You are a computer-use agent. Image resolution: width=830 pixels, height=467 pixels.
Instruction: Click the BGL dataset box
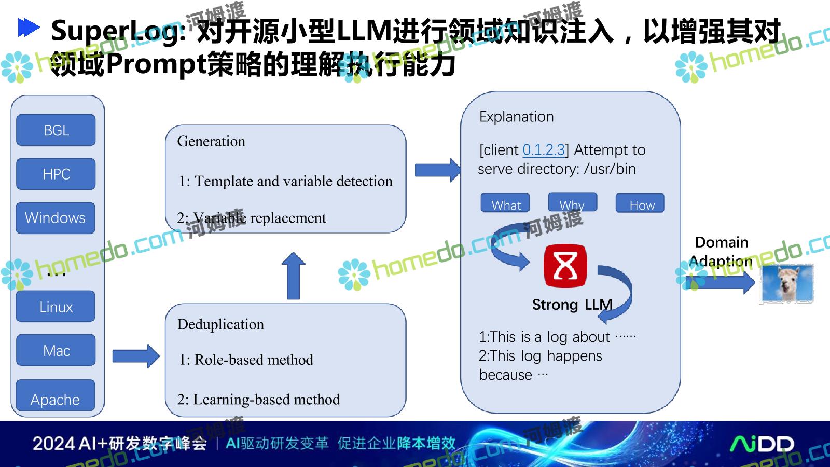coord(56,130)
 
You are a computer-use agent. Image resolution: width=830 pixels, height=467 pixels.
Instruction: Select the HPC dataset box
coord(56,174)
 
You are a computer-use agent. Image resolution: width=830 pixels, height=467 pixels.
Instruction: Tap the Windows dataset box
coord(56,218)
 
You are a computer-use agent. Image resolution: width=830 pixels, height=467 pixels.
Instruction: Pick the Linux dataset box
coord(56,307)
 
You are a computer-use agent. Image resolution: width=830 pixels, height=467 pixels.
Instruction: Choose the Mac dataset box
coord(56,350)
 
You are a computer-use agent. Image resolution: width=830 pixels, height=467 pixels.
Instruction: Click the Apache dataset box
coord(56,395)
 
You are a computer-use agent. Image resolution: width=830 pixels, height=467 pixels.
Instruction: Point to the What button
coord(505,203)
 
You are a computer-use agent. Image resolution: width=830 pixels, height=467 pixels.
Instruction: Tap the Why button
coord(573,202)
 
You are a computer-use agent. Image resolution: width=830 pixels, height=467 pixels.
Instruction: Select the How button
coord(640,203)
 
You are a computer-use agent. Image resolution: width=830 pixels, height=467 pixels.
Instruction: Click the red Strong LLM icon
coord(565,266)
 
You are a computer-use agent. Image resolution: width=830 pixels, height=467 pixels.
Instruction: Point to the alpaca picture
coord(787,283)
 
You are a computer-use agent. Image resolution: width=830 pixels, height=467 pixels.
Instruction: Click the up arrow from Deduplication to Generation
coord(294,276)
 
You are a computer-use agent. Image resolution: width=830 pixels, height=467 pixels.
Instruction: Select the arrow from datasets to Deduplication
coord(136,356)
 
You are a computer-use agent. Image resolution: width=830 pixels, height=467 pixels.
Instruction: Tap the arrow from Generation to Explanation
coord(438,170)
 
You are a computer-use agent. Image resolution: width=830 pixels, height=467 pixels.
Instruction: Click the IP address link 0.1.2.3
coord(544,150)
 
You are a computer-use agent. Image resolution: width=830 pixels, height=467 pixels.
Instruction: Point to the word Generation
coord(211,142)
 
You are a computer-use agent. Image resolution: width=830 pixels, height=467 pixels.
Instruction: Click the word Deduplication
coord(220,325)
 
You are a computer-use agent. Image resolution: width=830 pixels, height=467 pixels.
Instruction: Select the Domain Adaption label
coord(721,252)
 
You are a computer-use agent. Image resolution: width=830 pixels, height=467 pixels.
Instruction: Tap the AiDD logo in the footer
coord(762,444)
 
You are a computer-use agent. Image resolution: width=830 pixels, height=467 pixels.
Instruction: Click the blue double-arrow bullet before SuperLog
coord(29,28)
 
